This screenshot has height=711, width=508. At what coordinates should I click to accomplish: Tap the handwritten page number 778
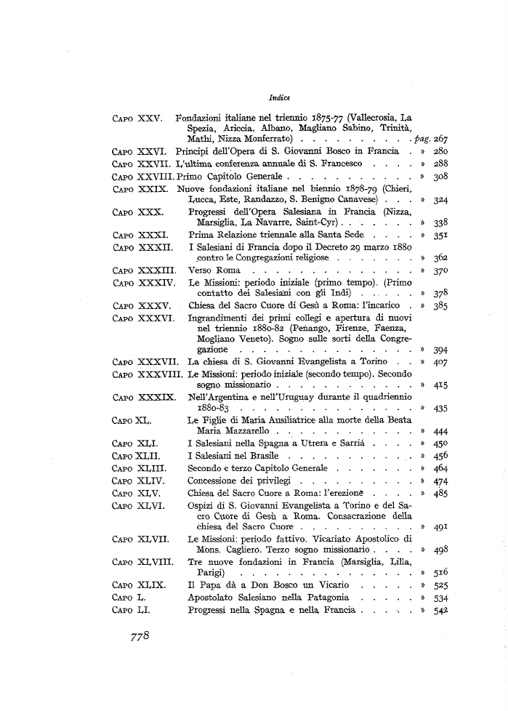pyautogui.click(x=135, y=636)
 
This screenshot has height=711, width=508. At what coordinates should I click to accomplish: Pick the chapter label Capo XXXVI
pyautogui.click(x=143, y=318)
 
